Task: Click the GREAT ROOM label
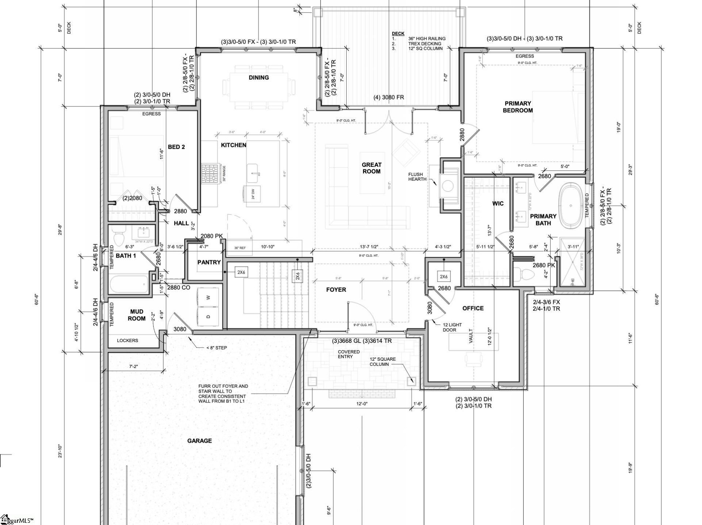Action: click(371, 168)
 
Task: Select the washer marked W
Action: click(208, 297)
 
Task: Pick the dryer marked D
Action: click(208, 316)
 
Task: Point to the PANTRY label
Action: click(209, 262)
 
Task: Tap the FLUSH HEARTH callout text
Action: click(417, 177)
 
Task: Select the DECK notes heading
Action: click(398, 33)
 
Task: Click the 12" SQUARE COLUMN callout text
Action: click(382, 361)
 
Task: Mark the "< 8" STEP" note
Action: click(216, 348)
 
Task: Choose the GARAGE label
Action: click(200, 441)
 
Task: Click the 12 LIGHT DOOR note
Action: click(452, 327)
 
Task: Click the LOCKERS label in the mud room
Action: click(128, 340)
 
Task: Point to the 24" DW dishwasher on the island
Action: click(253, 193)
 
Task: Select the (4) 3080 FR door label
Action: click(388, 97)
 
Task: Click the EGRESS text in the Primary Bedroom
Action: click(525, 56)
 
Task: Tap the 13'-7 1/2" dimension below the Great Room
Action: click(369, 247)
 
